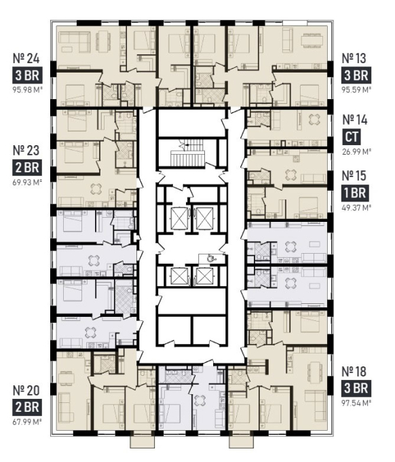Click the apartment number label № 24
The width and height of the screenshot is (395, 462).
pyautogui.click(x=26, y=58)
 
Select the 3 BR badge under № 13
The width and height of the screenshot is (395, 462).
pyautogui.click(x=356, y=75)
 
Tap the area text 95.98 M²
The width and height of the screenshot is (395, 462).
pyautogui.click(x=26, y=90)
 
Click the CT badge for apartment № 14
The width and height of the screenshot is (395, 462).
pyautogui.click(x=352, y=137)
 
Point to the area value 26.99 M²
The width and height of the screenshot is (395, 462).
pyautogui.click(x=356, y=152)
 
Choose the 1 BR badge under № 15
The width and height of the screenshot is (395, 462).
pyautogui.click(x=355, y=193)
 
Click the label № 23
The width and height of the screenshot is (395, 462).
pyautogui.click(x=26, y=150)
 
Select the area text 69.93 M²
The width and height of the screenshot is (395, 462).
pyautogui.click(x=26, y=182)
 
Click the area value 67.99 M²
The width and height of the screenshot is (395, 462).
pyautogui.click(x=26, y=421)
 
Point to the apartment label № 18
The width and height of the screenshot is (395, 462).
pyautogui.click(x=354, y=372)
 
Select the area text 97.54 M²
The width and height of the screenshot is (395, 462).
pyautogui.click(x=356, y=403)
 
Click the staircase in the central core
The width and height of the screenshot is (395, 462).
pyautogui.click(x=187, y=153)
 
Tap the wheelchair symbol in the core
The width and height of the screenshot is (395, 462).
pyautogui.click(x=210, y=258)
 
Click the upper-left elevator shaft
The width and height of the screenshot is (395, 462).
pyautogui.click(x=179, y=218)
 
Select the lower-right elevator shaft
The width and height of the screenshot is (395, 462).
pyautogui.click(x=204, y=276)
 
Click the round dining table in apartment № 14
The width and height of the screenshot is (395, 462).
pyautogui.click(x=314, y=119)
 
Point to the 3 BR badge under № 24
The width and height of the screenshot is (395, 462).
pyautogui.click(x=27, y=75)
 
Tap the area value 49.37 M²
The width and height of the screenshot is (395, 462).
pyautogui.click(x=356, y=208)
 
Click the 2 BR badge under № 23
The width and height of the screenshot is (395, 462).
pyautogui.click(x=27, y=168)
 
